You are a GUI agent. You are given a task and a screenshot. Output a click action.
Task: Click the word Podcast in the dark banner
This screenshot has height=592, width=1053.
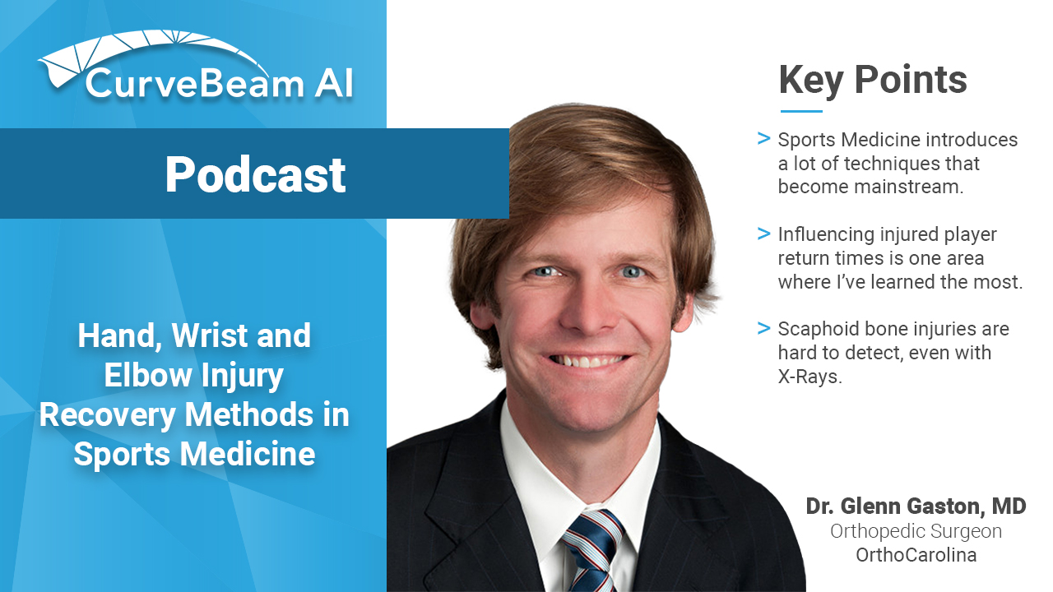click(255, 175)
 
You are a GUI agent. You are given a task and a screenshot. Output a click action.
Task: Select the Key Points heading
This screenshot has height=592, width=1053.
click(873, 81)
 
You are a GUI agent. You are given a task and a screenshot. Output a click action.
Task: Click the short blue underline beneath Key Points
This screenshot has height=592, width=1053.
click(801, 111)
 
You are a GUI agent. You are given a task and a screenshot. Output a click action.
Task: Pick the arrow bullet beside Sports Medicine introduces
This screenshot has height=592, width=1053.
click(764, 139)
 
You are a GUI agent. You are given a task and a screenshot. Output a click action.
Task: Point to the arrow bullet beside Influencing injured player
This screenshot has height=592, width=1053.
click(764, 234)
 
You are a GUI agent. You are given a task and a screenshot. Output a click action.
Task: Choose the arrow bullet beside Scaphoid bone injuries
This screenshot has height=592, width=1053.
click(764, 328)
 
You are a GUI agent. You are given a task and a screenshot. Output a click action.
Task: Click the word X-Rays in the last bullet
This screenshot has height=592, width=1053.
click(809, 377)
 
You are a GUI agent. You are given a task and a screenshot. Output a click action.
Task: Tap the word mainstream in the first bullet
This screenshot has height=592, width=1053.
click(909, 187)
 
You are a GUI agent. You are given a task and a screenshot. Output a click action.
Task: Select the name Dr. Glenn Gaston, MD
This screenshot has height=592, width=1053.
click(916, 506)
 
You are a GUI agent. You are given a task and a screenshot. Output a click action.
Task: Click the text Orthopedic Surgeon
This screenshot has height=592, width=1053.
click(916, 531)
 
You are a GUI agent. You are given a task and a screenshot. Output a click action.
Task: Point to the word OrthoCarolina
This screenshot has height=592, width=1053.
click(916, 555)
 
